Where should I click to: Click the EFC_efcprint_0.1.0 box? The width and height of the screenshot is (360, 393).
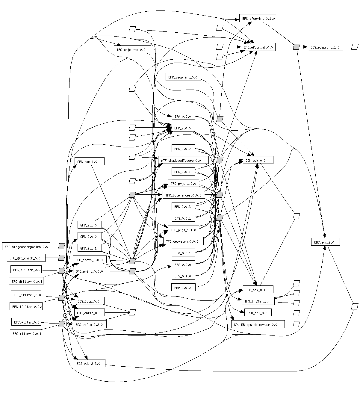point(258,19)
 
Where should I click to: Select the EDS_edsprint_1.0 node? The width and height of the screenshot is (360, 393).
point(325,47)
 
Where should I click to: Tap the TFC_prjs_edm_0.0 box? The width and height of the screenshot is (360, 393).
point(132,49)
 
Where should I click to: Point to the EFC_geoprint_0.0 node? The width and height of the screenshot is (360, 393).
point(183,77)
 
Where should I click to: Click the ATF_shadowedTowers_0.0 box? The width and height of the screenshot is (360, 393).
point(183,160)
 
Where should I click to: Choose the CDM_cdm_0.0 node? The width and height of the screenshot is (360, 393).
point(255,160)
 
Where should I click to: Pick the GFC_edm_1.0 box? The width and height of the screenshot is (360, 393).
point(89,161)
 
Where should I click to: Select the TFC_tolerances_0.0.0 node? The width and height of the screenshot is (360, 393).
point(183,195)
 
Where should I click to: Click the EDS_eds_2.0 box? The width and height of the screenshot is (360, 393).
point(325,242)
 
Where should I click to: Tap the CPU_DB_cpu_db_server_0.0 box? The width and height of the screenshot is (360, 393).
point(258,324)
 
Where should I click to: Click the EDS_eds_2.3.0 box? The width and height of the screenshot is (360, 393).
point(89,363)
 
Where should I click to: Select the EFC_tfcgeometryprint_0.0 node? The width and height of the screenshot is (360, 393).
point(26,247)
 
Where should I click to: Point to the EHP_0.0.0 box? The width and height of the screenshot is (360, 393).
point(183,288)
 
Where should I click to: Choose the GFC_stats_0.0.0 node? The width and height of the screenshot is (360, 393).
point(89,260)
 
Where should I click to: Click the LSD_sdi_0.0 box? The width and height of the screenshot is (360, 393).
point(258,313)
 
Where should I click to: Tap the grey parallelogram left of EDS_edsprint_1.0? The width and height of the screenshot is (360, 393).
point(296,47)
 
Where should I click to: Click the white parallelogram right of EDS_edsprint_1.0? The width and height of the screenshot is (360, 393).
point(355,47)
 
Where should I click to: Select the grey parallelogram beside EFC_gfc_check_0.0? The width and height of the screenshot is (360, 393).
point(62,258)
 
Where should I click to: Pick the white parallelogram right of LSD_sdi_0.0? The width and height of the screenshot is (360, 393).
point(296,313)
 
